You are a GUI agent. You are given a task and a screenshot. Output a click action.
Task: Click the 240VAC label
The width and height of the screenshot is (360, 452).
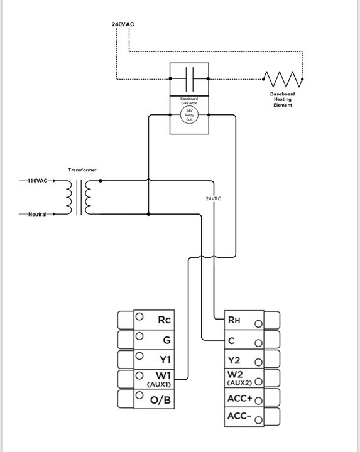(x=123, y=24)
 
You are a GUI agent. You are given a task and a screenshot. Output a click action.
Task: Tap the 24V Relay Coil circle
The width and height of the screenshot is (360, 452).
(x=189, y=115)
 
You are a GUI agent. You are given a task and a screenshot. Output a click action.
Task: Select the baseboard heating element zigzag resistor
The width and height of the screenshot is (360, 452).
(x=283, y=79)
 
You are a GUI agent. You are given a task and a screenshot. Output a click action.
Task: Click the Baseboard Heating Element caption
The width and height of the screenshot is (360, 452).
(x=283, y=99)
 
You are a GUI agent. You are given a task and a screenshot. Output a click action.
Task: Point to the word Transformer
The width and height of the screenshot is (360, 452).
(x=82, y=169)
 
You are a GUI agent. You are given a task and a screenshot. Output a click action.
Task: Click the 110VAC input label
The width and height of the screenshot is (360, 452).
(x=38, y=181)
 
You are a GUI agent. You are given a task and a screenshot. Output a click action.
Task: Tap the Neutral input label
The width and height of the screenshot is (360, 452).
(x=38, y=214)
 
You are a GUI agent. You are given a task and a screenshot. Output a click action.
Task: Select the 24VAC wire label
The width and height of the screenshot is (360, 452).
(x=214, y=198)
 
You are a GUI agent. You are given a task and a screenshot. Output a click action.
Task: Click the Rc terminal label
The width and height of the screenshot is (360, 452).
(x=165, y=320)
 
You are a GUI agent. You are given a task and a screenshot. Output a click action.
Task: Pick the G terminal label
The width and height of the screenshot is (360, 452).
(x=166, y=340)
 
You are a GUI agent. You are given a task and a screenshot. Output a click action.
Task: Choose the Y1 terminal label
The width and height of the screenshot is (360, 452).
(x=165, y=360)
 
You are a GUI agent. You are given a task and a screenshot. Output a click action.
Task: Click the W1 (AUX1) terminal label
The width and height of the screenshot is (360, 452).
(x=160, y=379)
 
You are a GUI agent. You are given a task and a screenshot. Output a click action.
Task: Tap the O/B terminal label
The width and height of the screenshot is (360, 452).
(x=160, y=400)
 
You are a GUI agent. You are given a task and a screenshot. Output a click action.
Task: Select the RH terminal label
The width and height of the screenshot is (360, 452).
(x=234, y=320)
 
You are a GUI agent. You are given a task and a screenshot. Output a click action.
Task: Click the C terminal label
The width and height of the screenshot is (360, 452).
(x=231, y=341)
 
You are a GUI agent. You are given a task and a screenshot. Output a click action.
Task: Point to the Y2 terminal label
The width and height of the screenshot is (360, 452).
(x=234, y=360)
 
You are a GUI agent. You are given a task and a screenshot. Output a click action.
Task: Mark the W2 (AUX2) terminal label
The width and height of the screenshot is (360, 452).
(x=239, y=378)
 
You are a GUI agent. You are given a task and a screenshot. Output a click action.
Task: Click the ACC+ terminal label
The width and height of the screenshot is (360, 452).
(x=240, y=399)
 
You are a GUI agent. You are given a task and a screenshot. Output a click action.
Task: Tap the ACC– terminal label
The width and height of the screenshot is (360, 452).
(x=239, y=416)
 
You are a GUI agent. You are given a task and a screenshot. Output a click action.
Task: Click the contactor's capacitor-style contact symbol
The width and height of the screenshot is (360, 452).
(x=189, y=79)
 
